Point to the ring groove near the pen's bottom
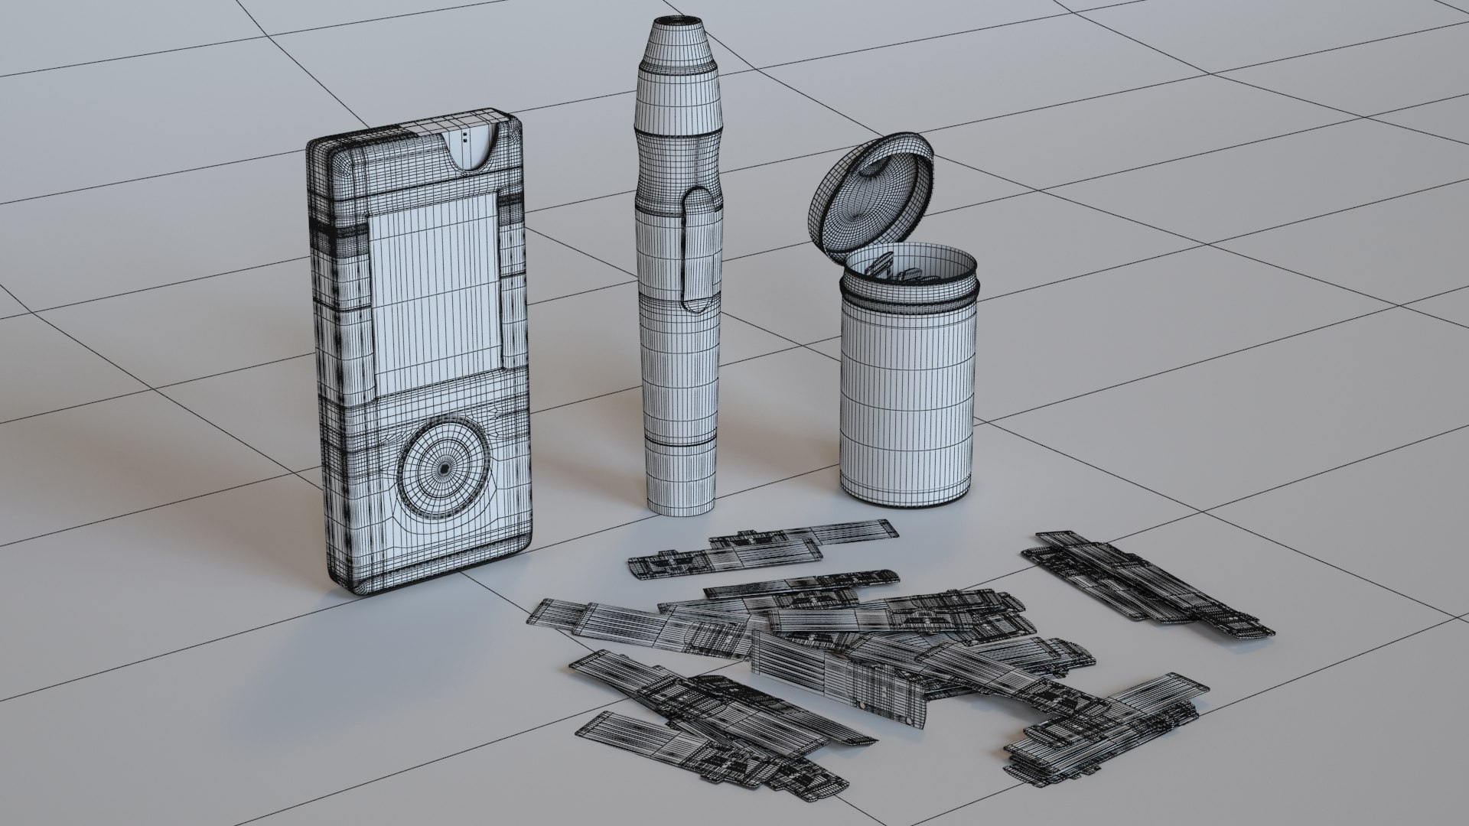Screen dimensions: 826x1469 [x=680, y=444]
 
